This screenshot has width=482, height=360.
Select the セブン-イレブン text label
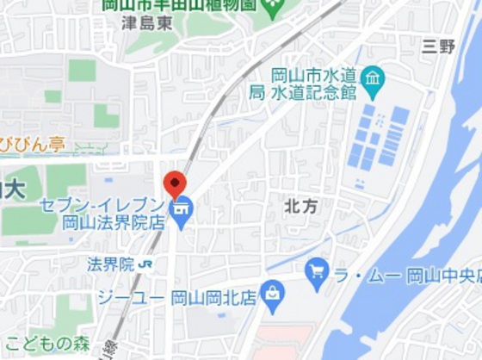click(x=101, y=205)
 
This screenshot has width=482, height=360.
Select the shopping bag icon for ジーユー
click(x=273, y=295)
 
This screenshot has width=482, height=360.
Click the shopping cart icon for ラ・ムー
click(x=317, y=272)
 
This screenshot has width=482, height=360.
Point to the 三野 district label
click(x=438, y=47)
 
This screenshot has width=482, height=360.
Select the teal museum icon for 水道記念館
click(x=373, y=81)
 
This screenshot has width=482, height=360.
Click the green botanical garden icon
click(x=275, y=9)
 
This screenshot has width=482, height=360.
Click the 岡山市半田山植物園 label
click(x=180, y=4)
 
